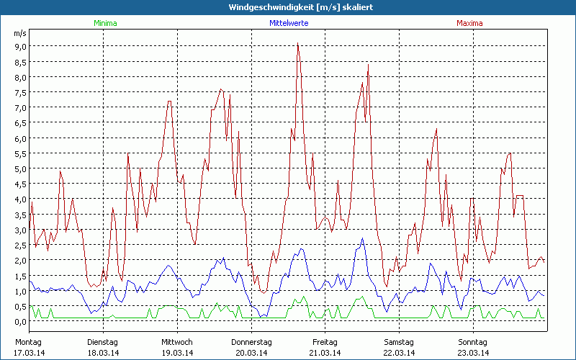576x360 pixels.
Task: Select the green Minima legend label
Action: click(104, 23)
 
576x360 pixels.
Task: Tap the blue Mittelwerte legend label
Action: click(289, 23)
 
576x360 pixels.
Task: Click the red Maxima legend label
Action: click(470, 23)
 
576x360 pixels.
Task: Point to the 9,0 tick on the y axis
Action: click(21, 46)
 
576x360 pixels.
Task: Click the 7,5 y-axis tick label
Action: click(21, 92)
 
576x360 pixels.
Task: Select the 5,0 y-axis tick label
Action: click(21, 168)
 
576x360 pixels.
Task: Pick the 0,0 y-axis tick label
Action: click(21, 321)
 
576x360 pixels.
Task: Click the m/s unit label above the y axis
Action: click(19, 33)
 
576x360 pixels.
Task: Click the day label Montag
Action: click(29, 342)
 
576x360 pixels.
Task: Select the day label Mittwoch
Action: click(176, 342)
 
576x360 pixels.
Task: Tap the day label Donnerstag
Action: click(251, 342)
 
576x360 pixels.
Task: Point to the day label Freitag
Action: click(325, 342)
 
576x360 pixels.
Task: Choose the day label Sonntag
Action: click(472, 342)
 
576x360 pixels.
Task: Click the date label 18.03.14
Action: click(103, 352)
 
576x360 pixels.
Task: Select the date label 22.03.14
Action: click(398, 352)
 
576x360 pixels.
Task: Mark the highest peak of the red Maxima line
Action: click(297, 44)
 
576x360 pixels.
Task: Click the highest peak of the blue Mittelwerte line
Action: click(362, 238)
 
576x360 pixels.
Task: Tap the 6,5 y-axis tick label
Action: click(21, 122)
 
